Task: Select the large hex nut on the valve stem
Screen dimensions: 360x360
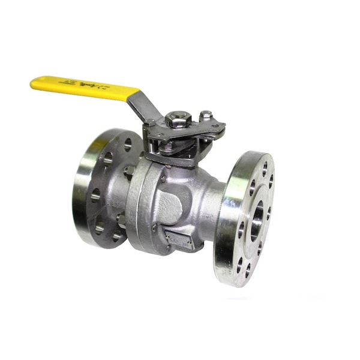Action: click(x=177, y=118)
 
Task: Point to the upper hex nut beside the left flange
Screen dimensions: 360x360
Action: click(x=128, y=172)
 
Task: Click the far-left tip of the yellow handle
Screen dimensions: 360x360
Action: click(x=33, y=83)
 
